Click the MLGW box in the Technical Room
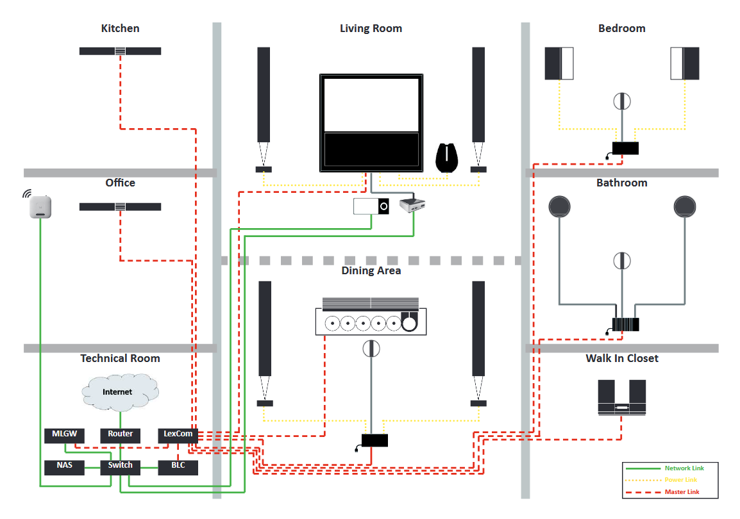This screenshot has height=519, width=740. [64, 435]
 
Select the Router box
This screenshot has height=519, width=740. [121, 435]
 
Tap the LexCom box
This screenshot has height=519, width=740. [178, 435]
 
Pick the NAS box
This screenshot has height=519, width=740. [64, 467]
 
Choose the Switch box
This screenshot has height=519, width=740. [121, 467]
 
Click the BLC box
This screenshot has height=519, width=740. [178, 467]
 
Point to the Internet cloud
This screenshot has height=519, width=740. [120, 392]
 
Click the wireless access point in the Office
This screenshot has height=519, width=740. [40, 206]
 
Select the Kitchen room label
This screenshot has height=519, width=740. [121, 28]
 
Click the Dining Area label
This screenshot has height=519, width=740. [371, 270]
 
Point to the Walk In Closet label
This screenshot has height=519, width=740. [622, 358]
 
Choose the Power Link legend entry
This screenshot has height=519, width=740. [660, 480]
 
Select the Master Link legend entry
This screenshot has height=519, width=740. [662, 491]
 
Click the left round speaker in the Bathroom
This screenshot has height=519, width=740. [559, 206]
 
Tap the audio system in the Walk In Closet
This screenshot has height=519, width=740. [621, 397]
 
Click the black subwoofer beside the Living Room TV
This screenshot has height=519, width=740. [446, 158]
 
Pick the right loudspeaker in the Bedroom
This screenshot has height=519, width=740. [685, 63]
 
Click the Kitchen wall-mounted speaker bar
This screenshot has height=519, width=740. [120, 51]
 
